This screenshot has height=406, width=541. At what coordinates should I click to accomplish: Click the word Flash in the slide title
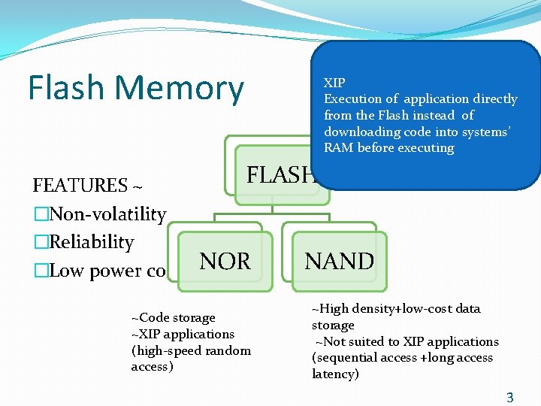[67, 88]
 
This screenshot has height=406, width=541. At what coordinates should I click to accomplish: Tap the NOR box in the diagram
[225, 261]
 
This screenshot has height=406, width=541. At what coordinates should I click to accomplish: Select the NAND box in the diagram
[339, 261]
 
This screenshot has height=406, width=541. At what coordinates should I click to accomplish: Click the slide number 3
[510, 398]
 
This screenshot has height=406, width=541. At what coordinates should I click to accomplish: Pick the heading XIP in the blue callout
[334, 83]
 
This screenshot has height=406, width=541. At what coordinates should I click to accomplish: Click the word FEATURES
[80, 186]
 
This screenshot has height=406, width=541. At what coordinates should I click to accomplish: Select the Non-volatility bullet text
[107, 214]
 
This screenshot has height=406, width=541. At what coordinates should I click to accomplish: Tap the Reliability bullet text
[91, 242]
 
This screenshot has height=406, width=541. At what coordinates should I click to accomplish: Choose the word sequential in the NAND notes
[347, 357]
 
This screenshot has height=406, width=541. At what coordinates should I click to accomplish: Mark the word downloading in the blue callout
[357, 132]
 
